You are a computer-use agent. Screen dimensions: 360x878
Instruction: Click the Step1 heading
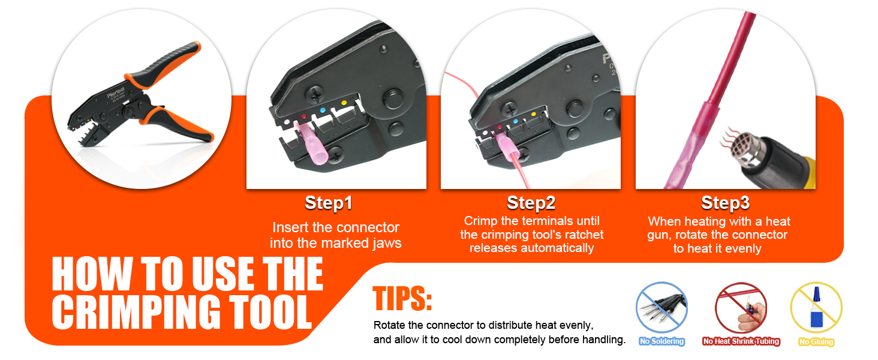click(328, 203)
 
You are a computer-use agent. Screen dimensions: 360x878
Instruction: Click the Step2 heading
click(531, 203)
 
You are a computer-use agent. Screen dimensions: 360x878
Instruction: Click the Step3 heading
click(725, 203)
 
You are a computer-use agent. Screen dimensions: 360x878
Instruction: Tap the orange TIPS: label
click(402, 299)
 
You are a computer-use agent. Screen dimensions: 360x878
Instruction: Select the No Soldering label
click(661, 341)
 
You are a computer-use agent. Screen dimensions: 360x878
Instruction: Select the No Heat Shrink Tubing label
click(741, 341)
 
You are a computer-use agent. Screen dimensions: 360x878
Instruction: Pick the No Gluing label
click(816, 341)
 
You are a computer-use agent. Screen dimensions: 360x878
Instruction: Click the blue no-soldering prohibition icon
click(661, 308)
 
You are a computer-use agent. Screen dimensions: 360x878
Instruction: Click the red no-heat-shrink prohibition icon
click(741, 308)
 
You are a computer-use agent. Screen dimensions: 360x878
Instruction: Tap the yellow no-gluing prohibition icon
click(816, 308)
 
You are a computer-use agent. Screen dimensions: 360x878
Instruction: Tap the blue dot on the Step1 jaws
click(323, 109)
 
